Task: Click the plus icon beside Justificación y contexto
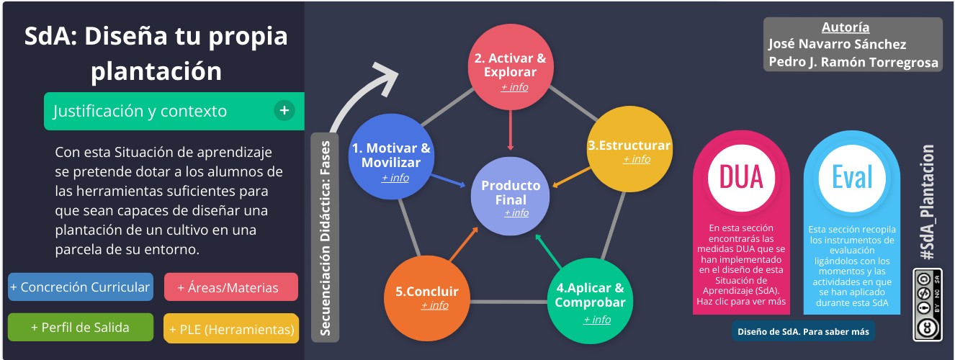(x=284, y=111)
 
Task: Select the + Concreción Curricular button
(x=80, y=287)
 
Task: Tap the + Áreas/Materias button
(x=230, y=287)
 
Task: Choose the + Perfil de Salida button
(x=80, y=327)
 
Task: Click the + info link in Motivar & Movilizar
(x=395, y=177)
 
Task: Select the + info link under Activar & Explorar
(x=514, y=87)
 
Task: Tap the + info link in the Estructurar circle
(x=636, y=159)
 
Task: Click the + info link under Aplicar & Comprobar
(x=596, y=319)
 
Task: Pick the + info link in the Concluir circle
(x=434, y=305)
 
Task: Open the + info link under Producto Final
(x=516, y=212)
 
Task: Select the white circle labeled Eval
(x=851, y=177)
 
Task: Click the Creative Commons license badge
(x=928, y=305)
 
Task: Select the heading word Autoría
(x=855, y=28)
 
